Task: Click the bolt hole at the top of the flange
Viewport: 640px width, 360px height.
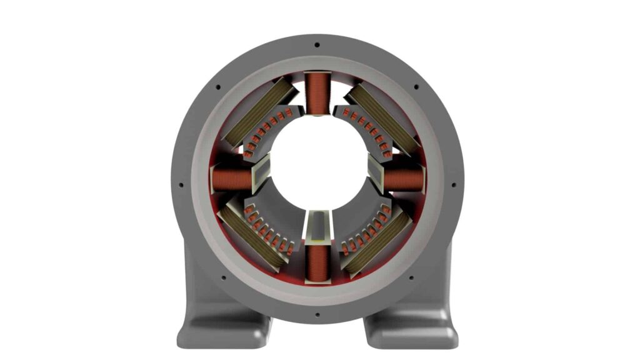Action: (x=317, y=45)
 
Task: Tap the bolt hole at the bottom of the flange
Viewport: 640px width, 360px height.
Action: (x=317, y=314)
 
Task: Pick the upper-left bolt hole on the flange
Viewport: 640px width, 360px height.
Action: (x=217, y=87)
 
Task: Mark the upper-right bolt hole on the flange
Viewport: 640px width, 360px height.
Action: (x=416, y=87)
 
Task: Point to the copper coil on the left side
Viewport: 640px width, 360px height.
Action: (x=231, y=180)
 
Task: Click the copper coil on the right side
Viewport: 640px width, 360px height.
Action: (x=404, y=180)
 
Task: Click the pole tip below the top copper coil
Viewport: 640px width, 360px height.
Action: (x=317, y=114)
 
